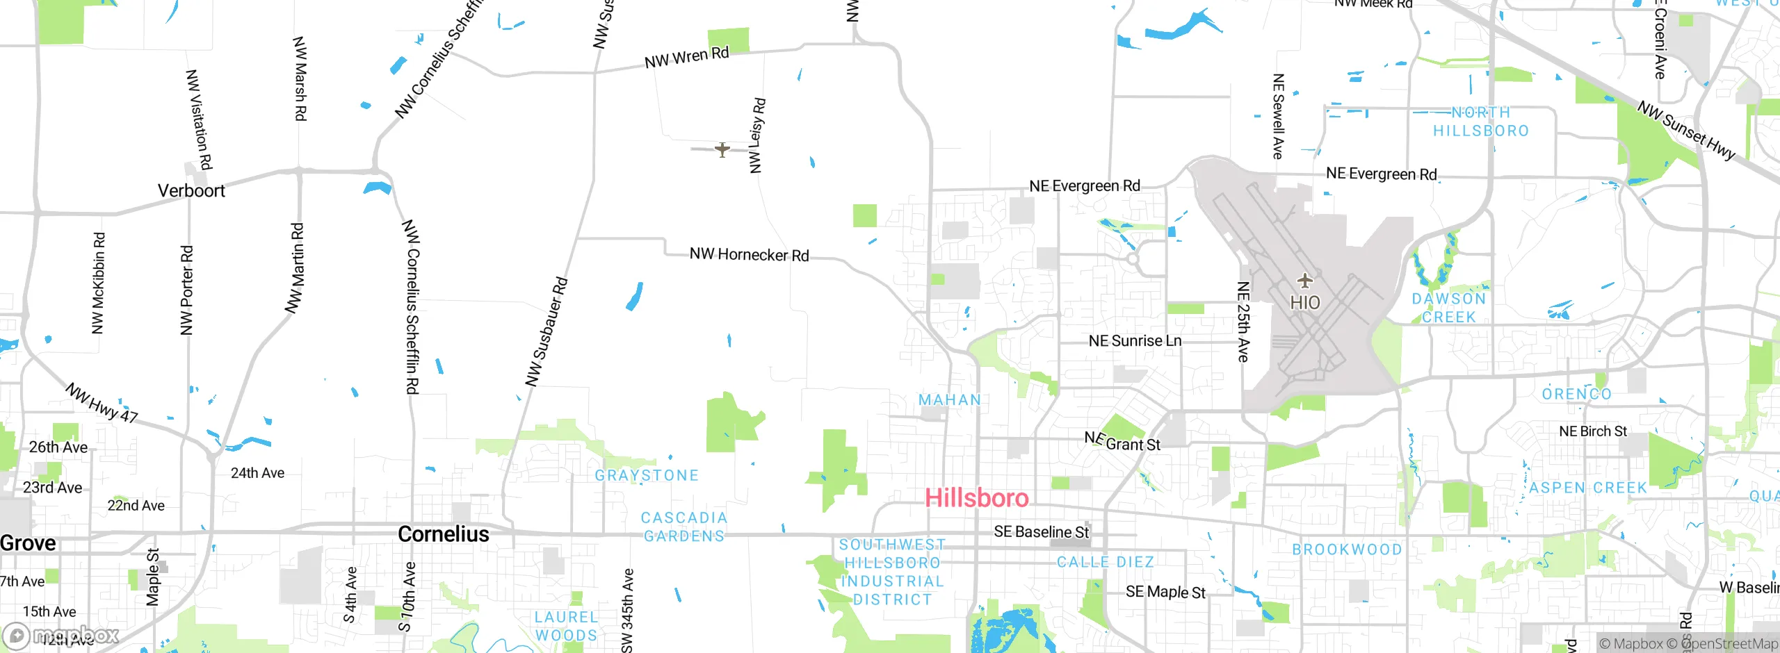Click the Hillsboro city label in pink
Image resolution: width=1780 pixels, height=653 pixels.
pos(976,498)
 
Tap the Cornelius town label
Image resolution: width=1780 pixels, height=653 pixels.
pos(444,534)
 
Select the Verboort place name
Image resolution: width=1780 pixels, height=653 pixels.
pos(191,191)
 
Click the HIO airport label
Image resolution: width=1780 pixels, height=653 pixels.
pos(1304,303)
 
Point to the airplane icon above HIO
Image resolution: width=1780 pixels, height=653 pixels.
pos(1304,281)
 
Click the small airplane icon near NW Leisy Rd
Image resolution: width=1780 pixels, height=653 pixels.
pos(722,149)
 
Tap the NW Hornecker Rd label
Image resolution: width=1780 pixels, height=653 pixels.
pos(749,255)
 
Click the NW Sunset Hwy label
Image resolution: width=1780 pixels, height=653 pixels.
pos(1685,131)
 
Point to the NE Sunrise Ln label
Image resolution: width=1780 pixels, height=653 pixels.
pos(1135,341)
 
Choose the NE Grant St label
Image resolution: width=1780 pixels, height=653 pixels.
pos(1122,442)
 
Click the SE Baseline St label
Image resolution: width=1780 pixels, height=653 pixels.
pos(1041,532)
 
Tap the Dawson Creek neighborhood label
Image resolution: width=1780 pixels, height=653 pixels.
pos(1449,308)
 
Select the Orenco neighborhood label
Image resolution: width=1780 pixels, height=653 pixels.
pos(1576,395)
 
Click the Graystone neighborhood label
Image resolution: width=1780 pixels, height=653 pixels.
pos(647,476)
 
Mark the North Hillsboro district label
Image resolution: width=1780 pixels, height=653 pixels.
pos(1481,122)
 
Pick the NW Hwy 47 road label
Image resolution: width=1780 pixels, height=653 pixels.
pos(102,404)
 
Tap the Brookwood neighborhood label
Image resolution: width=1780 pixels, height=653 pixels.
pos(1347,549)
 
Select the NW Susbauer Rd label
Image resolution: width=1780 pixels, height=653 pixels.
pos(547,332)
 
